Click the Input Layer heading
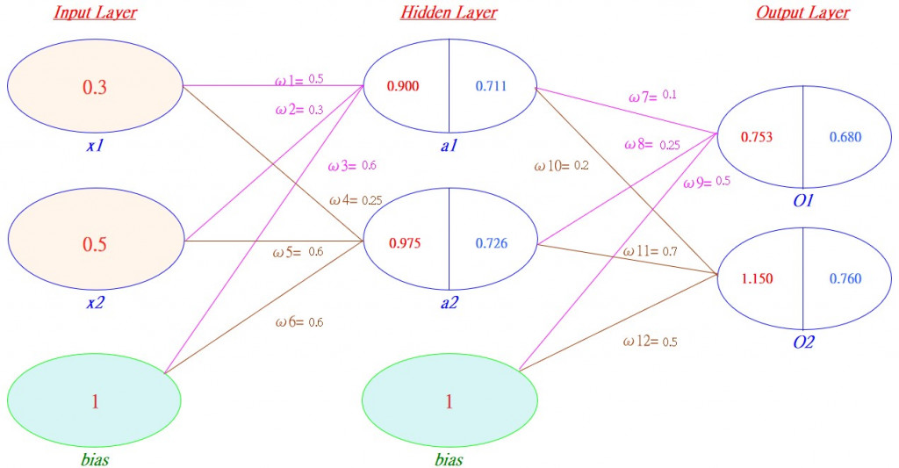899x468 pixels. [95, 13]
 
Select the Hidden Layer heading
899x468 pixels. [449, 13]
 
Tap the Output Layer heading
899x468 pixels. [802, 13]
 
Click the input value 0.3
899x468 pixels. [94, 87]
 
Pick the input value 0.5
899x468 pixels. [94, 244]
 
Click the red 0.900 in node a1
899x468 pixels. [404, 86]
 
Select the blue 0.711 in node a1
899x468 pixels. [491, 86]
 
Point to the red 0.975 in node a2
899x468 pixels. [404, 243]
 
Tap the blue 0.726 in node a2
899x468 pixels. [492, 243]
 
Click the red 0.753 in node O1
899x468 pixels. [757, 137]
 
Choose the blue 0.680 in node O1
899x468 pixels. [845, 137]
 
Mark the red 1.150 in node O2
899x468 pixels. [757, 279]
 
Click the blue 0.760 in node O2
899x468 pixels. [845, 279]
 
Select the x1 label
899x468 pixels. [95, 146]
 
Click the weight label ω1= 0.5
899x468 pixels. [299, 80]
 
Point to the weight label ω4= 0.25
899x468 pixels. [356, 200]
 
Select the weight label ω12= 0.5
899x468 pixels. [651, 342]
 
